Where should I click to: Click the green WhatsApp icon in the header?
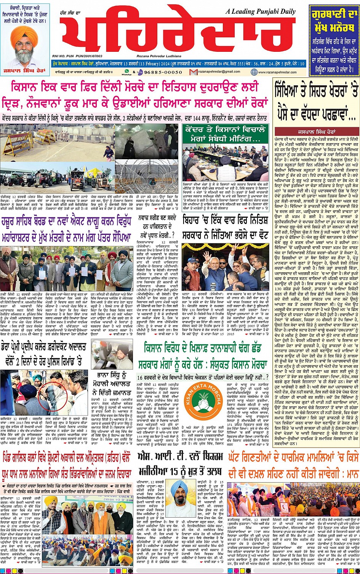click(x=123, y=72)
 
